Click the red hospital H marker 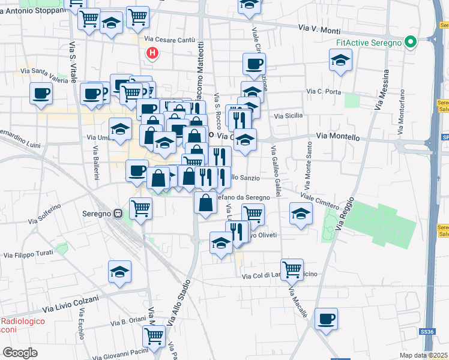coord(153,53)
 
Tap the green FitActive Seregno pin coord(411,43)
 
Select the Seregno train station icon coord(118,212)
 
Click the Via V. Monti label coord(319,29)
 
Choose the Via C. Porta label coord(324,92)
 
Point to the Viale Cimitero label coord(320,200)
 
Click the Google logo coord(20,353)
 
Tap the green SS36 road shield coord(426,331)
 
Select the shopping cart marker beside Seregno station coord(141,209)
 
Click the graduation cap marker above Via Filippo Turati coord(119,271)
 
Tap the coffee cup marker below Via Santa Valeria coord(41,94)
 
